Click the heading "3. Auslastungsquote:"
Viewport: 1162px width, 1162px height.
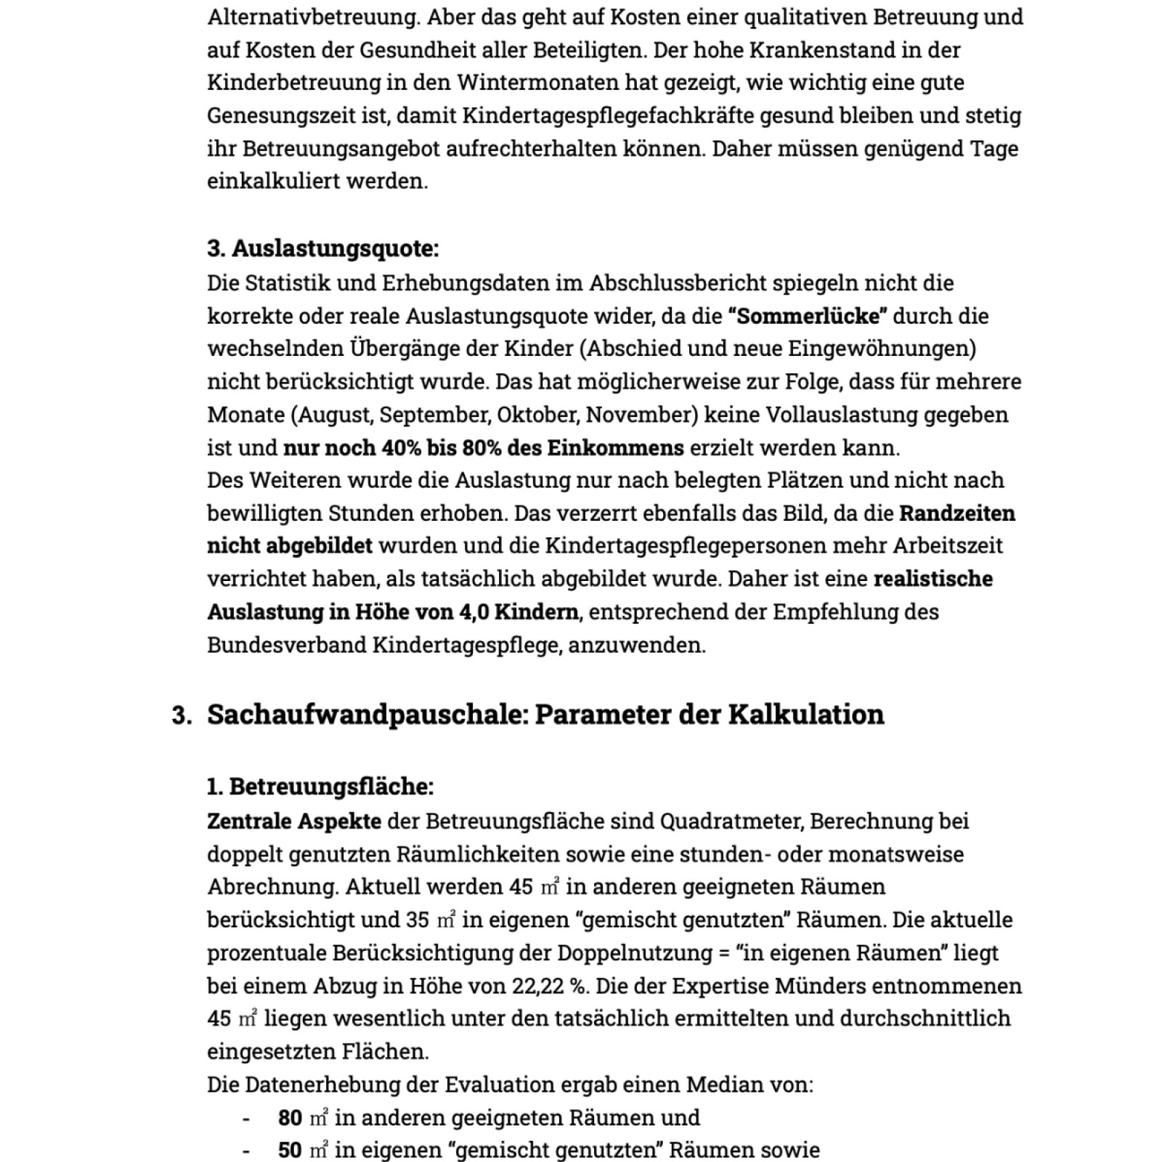[x=322, y=249]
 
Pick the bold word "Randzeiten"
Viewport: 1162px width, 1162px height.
[x=956, y=514]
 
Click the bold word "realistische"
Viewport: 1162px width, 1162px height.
[x=933, y=580]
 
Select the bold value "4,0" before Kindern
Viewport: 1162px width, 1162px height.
[x=473, y=612]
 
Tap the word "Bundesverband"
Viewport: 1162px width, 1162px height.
[x=286, y=645]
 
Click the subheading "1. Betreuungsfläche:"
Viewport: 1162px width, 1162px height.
[x=320, y=787]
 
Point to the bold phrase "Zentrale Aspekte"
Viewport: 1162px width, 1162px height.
[x=293, y=821]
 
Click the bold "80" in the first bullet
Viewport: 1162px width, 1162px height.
[x=290, y=1118]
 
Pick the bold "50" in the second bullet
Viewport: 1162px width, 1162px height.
[x=290, y=1150]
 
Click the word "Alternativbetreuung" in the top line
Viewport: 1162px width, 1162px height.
[x=313, y=17]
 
